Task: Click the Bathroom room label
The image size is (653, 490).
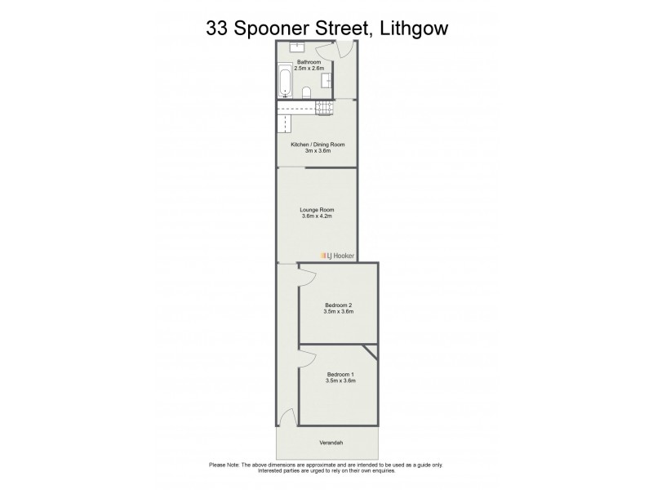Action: [x=309, y=62]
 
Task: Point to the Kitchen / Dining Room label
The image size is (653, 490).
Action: [x=318, y=145]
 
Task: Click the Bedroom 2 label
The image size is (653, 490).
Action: [x=339, y=305]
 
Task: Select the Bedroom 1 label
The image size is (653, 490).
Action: [x=339, y=375]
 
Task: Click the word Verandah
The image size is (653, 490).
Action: [x=329, y=443]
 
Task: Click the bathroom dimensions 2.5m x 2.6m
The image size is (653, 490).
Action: [x=309, y=69]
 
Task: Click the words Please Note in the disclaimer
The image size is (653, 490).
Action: [x=226, y=465]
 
